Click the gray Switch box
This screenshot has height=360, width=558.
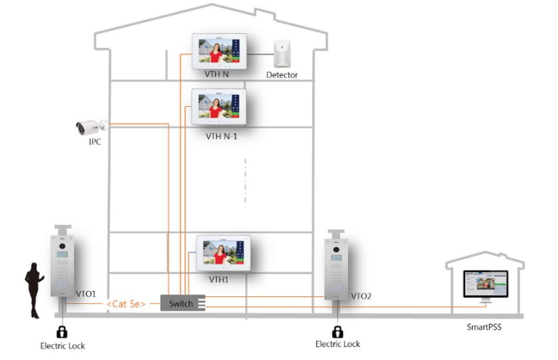182,303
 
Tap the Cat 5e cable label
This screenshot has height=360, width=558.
126,304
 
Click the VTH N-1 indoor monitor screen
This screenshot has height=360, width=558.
218,107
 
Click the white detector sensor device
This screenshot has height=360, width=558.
282,55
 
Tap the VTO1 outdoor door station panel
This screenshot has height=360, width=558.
62,267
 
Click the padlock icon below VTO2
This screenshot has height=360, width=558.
337,332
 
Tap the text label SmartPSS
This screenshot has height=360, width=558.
484,327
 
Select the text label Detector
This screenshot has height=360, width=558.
282,75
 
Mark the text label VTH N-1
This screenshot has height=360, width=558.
221,136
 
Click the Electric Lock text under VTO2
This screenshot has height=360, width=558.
337,344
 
